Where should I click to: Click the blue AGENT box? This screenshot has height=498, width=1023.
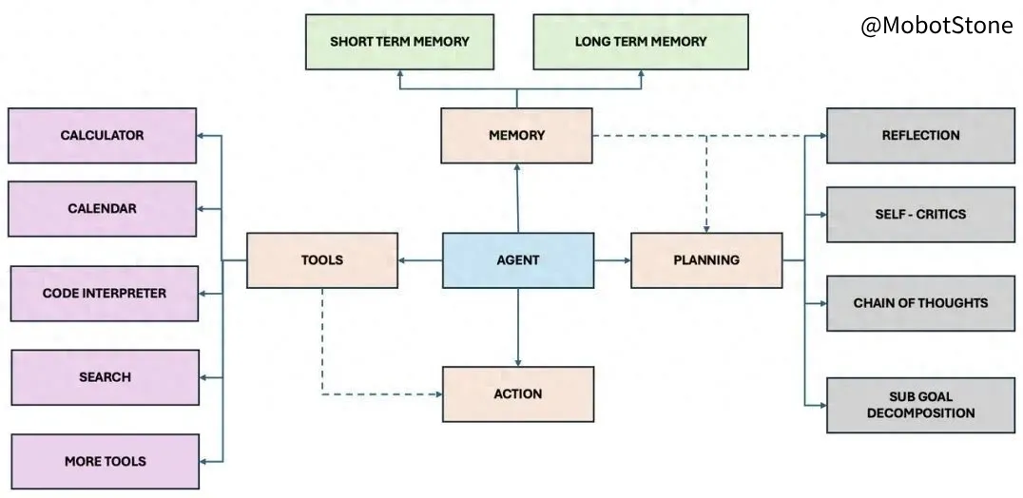[518, 260]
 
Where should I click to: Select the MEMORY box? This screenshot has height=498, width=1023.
[516, 136]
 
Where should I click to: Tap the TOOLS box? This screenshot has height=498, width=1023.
[322, 260]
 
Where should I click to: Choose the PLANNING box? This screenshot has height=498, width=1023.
[706, 260]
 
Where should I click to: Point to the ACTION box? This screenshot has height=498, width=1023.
[518, 393]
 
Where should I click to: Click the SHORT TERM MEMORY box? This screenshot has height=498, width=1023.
[400, 42]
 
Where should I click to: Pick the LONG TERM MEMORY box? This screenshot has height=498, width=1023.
[641, 42]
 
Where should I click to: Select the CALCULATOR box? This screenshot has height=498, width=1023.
[103, 136]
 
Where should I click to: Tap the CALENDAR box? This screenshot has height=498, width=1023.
[103, 208]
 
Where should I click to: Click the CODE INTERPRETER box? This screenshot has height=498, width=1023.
[105, 294]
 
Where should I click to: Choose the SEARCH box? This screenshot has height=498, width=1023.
[105, 377]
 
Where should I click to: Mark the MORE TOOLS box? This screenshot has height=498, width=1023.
[105, 462]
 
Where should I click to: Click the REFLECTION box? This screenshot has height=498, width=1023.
[920, 136]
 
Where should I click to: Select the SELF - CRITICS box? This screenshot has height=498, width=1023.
[920, 215]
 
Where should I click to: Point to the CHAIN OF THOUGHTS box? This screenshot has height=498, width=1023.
[920, 303]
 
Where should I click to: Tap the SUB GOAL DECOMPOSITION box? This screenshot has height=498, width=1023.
[920, 405]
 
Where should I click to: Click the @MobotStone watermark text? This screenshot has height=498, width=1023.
[936, 26]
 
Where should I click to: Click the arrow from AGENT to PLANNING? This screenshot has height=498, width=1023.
[612, 260]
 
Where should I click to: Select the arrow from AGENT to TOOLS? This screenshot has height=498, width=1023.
[420, 260]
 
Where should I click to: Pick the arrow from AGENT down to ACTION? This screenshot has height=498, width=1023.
[518, 327]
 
